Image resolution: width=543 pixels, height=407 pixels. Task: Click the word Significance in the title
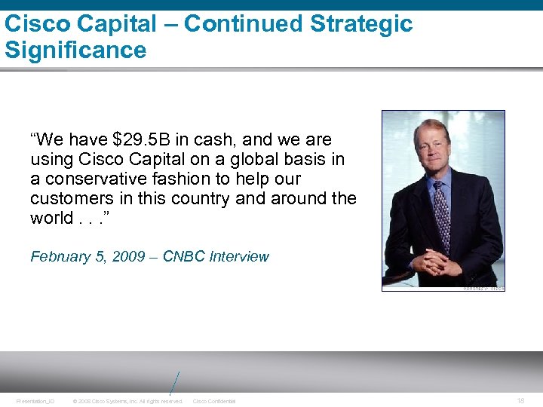tap(75, 50)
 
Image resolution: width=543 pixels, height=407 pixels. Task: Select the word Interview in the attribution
tap(239, 257)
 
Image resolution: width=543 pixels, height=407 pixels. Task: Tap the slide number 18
tap(521, 401)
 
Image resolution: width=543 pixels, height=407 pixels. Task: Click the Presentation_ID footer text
tap(35, 401)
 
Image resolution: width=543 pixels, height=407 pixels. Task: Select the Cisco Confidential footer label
tap(214, 401)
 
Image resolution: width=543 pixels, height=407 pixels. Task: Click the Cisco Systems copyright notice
tap(127, 401)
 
